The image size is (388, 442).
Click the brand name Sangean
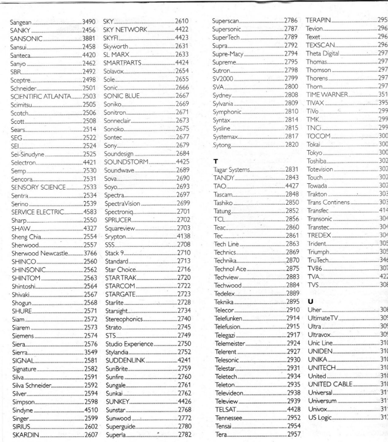[21, 22]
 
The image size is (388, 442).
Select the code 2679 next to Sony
[182, 145]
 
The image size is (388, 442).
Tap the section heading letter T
[216, 162]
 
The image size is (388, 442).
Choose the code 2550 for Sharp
[90, 220]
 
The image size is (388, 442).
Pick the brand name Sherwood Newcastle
[40, 253]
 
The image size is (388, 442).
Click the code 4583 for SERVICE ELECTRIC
[90, 212]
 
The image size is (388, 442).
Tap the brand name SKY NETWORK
[125, 30]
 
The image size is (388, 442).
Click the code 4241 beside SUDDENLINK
[184, 352]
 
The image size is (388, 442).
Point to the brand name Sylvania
[223, 104]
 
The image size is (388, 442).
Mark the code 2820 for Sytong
[292, 145]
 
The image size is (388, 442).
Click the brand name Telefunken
[228, 318]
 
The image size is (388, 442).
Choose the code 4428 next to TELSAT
[294, 409]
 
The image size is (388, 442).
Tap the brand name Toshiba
[316, 161]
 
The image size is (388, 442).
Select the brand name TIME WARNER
[327, 95]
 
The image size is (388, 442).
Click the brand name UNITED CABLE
[330, 384]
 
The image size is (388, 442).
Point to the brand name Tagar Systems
[232, 170]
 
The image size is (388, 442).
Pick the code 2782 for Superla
[185, 434]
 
